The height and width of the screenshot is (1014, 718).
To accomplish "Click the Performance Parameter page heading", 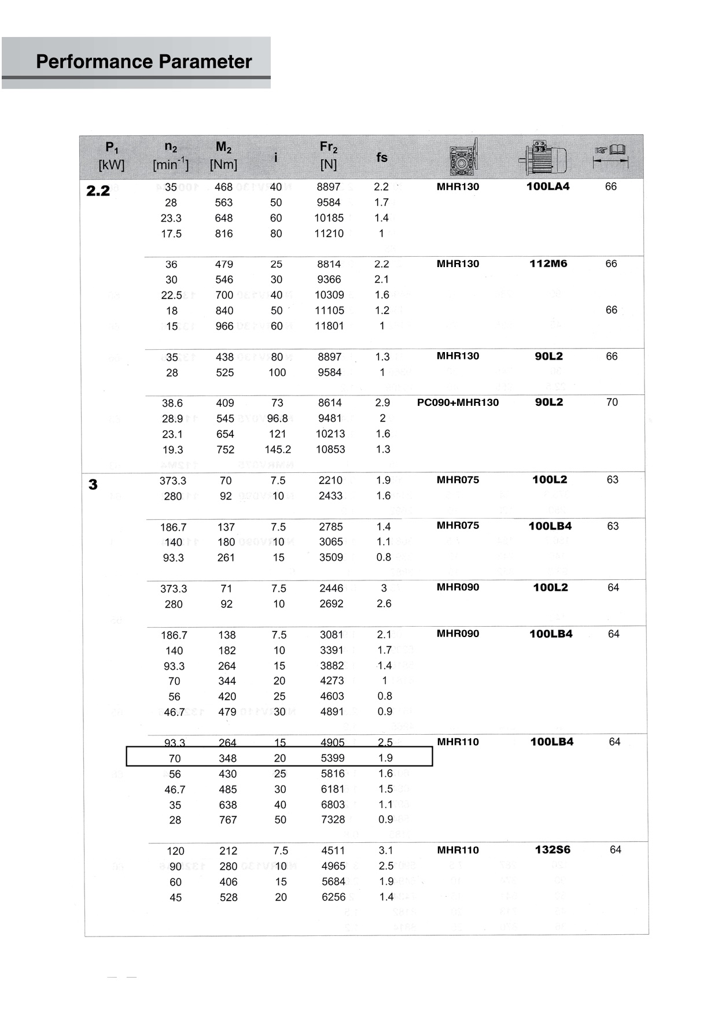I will pyautogui.click(x=143, y=61).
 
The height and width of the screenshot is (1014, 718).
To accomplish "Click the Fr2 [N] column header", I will pyautogui.click(x=328, y=156).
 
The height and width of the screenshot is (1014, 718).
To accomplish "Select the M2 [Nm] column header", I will pyautogui.click(x=223, y=156).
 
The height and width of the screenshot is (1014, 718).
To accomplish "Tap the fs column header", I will pyautogui.click(x=382, y=157).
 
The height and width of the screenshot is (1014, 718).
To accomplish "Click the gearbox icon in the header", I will pyautogui.click(x=463, y=157).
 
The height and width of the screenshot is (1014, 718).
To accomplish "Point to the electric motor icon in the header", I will pyautogui.click(x=543, y=157).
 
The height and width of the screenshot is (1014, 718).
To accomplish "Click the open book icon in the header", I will pyautogui.click(x=611, y=151).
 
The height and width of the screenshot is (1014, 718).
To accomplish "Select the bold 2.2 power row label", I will pyautogui.click(x=98, y=191).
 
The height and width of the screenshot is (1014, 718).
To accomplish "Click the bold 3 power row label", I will pyautogui.click(x=93, y=484).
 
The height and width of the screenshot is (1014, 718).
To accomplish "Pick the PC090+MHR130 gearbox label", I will pyautogui.click(x=458, y=402).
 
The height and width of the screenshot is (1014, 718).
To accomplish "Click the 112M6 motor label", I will pyautogui.click(x=548, y=264).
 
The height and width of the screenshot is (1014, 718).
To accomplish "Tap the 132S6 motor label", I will pyautogui.click(x=553, y=850).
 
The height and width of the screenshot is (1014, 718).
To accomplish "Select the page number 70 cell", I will pyautogui.click(x=612, y=402).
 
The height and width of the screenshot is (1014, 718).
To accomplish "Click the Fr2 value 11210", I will pyautogui.click(x=329, y=234).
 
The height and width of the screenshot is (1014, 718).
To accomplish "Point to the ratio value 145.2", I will pyautogui.click(x=278, y=449).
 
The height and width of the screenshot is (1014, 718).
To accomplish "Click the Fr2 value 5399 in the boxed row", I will pyautogui.click(x=332, y=758).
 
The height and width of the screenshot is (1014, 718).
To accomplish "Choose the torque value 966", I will pyautogui.click(x=224, y=326).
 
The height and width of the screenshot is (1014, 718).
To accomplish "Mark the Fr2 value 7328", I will pyautogui.click(x=333, y=820).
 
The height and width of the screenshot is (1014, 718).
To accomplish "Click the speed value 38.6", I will pyautogui.click(x=172, y=403).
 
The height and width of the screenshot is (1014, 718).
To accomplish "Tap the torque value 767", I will pyautogui.click(x=228, y=820).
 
